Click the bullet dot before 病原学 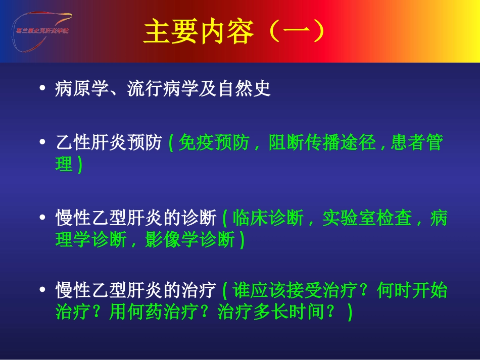coord(43,89)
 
